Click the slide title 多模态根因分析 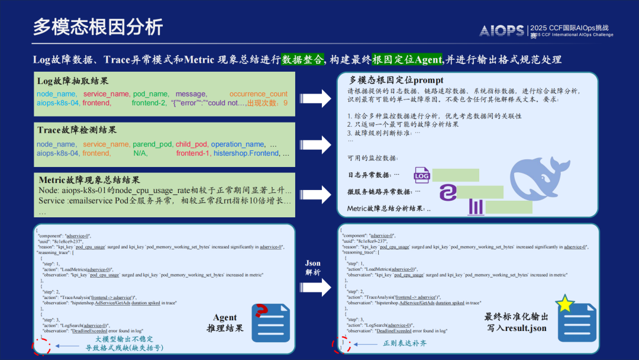98,27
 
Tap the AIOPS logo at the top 502,31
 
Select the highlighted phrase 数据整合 302,59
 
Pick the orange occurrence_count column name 259,94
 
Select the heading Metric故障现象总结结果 97,179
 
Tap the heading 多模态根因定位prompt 396,80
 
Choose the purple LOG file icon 422,175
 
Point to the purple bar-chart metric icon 476,207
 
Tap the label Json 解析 313,268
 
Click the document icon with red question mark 270,322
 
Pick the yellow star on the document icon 565,303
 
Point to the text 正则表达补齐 405,343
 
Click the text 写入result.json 517,327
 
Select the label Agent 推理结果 224,323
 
